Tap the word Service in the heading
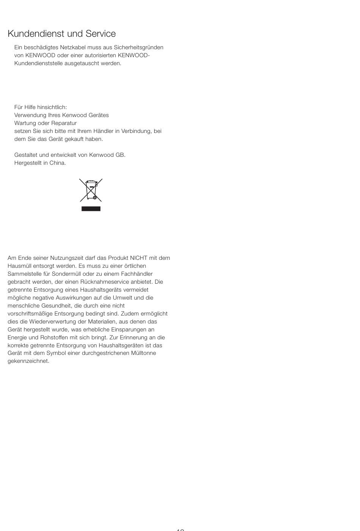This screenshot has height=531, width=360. point(100,34)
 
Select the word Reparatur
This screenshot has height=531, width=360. point(64,123)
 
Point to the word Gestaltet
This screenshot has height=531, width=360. point(26,155)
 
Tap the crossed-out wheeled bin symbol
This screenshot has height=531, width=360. point(91,190)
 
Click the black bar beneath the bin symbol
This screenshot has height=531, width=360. point(91,209)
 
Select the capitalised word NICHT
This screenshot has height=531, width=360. point(138,258)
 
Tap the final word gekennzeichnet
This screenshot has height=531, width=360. point(28,361)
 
